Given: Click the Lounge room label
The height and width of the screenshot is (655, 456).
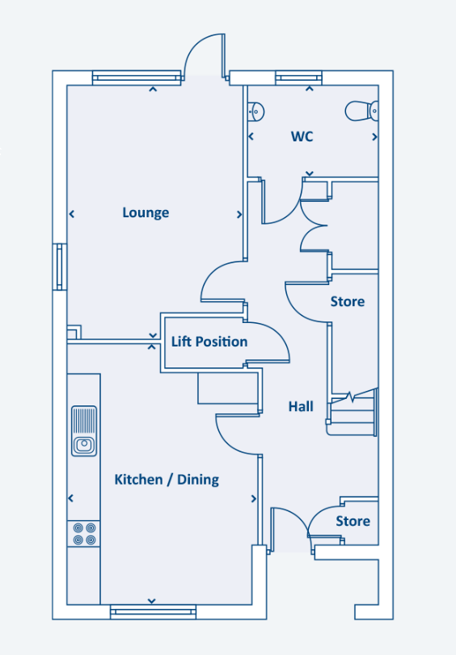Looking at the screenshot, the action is (146, 212).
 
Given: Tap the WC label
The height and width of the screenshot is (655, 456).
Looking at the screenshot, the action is (302, 136).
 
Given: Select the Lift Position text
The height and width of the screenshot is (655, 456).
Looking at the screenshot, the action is (209, 342).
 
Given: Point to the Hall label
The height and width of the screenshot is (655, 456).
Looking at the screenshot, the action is (301, 406).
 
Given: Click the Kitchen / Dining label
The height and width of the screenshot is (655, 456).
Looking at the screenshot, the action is (167, 480).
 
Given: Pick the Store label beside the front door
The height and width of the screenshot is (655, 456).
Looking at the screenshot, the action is (353, 521).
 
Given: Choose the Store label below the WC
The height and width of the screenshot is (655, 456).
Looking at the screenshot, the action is (348, 301).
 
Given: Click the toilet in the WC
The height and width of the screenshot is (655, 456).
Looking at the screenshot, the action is (362, 111).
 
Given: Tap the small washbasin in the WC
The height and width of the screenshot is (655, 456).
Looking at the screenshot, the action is (255, 111).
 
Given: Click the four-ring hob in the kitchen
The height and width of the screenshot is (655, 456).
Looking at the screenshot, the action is (84, 534).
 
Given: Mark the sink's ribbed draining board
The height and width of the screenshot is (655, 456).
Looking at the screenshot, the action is (84, 421).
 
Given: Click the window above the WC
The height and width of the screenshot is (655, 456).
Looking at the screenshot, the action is (298, 78).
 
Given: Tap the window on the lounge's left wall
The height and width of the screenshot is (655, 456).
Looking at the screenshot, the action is (60, 267).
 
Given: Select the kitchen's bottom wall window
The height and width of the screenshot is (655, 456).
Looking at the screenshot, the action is (153, 612).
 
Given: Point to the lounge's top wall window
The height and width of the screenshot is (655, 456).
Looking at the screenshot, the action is (137, 78).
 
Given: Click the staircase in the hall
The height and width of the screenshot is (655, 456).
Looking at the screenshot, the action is (353, 412).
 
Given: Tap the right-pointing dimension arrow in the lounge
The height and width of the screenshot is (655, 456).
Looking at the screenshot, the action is (239, 214).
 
